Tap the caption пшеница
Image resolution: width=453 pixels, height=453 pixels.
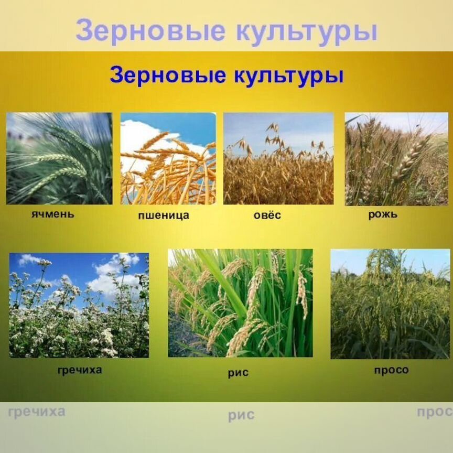(164, 215)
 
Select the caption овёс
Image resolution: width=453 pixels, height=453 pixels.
(267, 215)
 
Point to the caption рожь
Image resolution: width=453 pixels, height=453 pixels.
(383, 214)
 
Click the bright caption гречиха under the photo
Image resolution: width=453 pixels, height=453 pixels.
(80, 370)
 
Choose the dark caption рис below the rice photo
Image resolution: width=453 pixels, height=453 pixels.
(238, 373)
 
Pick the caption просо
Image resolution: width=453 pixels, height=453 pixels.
(391, 370)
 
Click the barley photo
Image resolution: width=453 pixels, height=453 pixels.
(59, 158)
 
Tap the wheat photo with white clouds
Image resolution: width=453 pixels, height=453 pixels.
(168, 158)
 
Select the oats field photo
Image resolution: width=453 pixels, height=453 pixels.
(278, 158)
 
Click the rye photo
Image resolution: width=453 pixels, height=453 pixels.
(396, 158)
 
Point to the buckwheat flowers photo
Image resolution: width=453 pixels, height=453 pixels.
(79, 305)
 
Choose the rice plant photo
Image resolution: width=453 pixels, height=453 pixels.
(240, 303)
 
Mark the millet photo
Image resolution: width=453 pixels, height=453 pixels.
(390, 304)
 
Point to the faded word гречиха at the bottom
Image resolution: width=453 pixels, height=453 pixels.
(37, 411)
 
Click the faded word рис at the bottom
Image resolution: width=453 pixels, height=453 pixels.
(241, 416)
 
